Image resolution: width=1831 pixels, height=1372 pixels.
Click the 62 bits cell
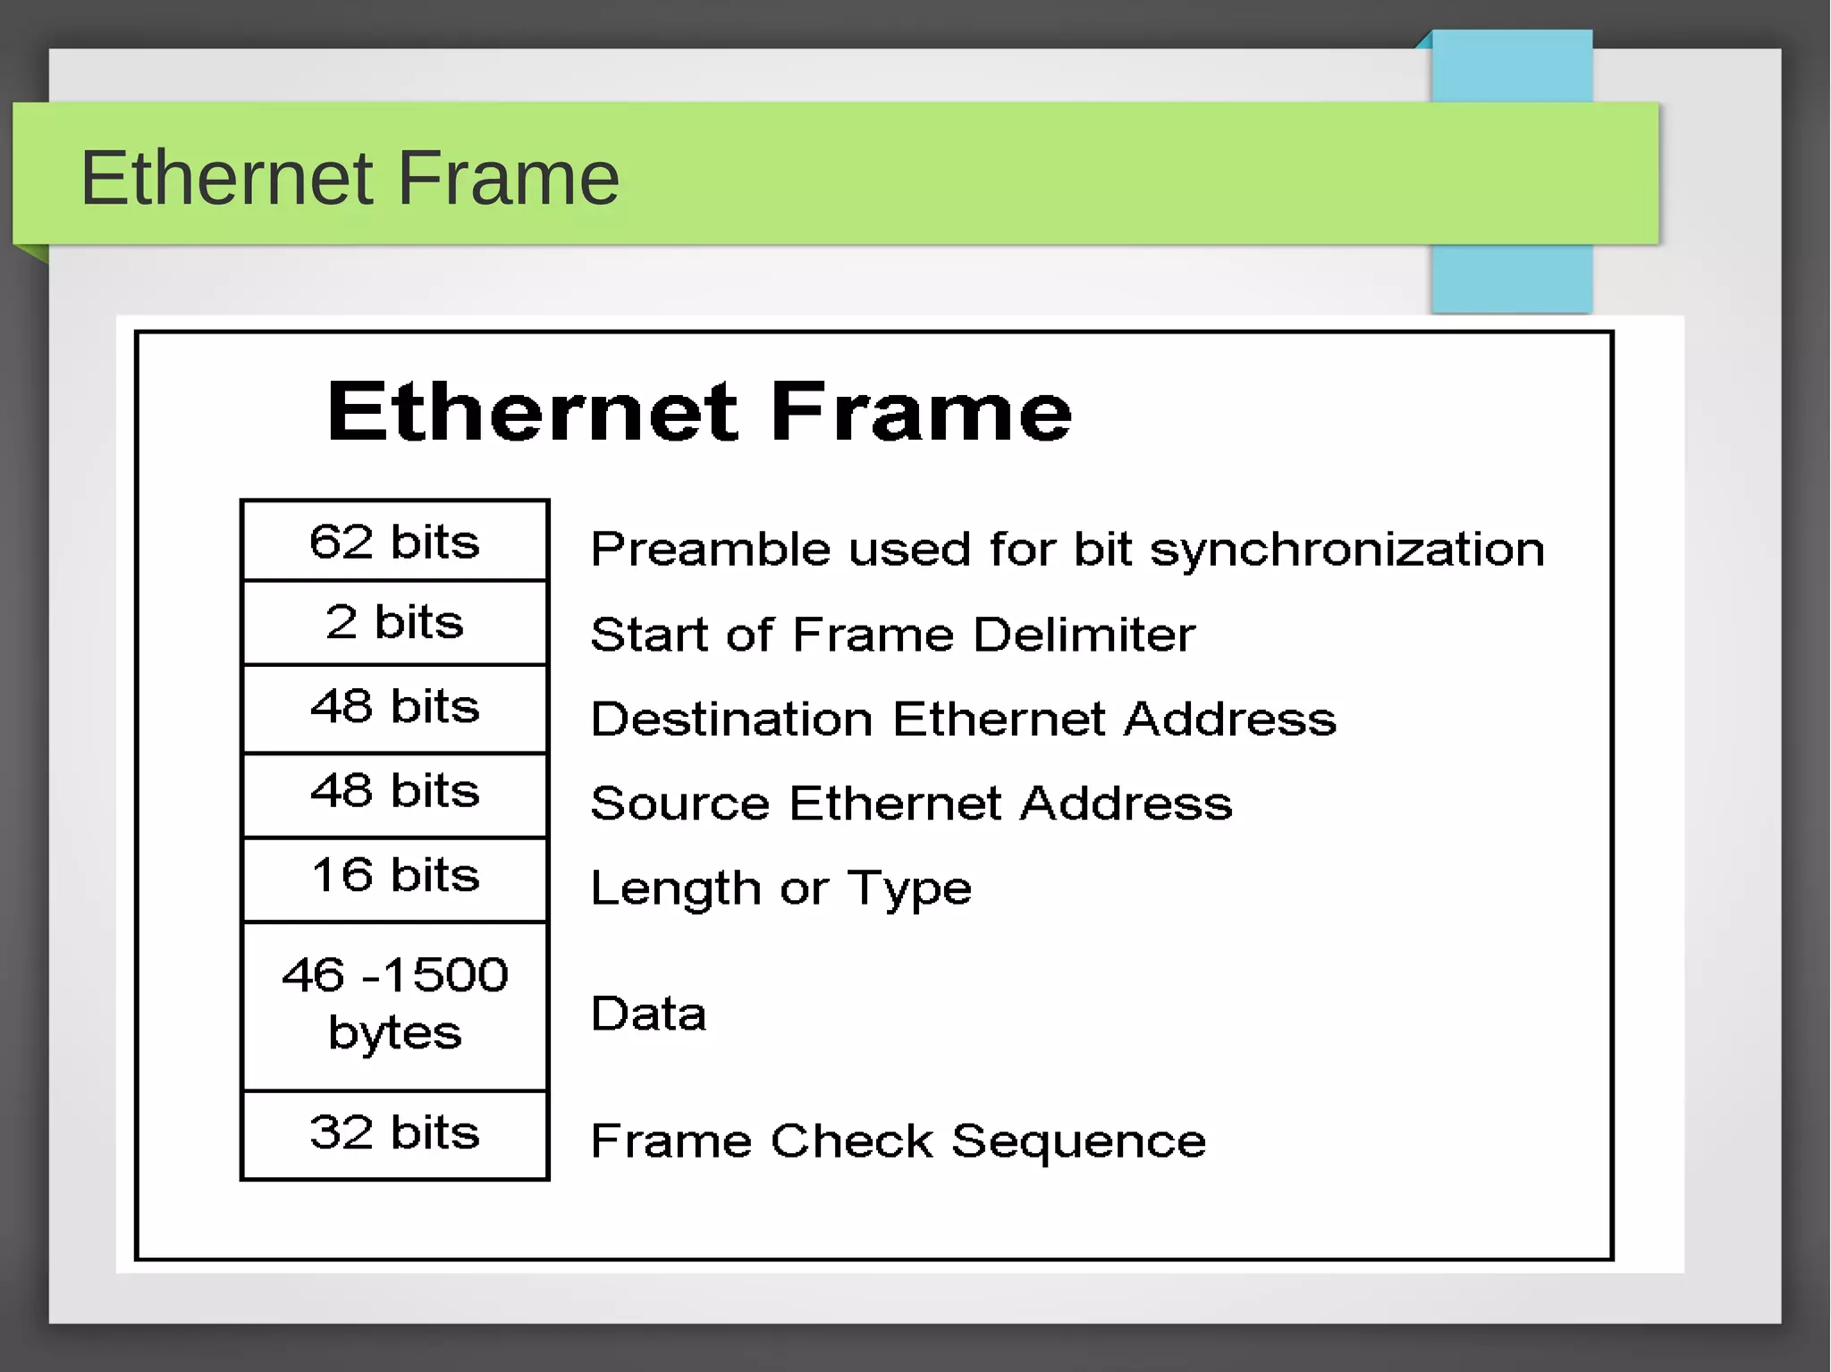[394, 542]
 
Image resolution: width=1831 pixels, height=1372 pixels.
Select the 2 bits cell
[394, 622]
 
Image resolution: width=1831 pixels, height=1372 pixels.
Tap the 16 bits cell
[394, 875]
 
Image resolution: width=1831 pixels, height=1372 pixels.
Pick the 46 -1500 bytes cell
[394, 1003]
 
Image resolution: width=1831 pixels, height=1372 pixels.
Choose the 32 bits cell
[394, 1132]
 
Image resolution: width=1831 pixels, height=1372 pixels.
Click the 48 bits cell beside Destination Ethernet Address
[394, 706]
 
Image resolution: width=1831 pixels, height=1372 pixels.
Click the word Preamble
[712, 549]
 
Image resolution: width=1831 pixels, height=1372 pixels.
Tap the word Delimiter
[1084, 635]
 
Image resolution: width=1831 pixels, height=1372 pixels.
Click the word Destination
[731, 720]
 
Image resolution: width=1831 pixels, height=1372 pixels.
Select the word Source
[679, 804]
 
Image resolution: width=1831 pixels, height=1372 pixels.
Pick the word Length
[676, 889]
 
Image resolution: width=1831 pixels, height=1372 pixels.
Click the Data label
[648, 1014]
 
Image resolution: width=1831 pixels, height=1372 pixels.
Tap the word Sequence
[1078, 1141]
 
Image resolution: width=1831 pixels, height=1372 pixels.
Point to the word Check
[852, 1141]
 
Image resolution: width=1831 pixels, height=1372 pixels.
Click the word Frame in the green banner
[508, 178]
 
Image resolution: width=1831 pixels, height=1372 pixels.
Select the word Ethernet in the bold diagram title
[534, 412]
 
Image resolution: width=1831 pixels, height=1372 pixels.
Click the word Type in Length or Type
[909, 889]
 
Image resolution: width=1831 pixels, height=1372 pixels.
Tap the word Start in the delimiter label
[649, 635]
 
